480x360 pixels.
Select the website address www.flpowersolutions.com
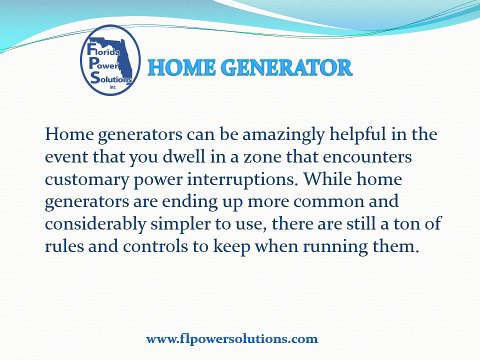232,339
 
